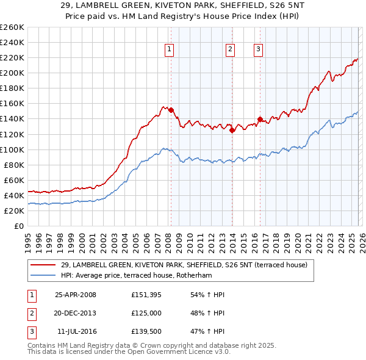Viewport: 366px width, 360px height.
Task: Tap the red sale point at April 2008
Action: [x=171, y=110]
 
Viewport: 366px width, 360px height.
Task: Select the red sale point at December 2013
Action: [x=232, y=130]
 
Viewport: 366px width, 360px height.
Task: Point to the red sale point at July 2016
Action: [x=260, y=119]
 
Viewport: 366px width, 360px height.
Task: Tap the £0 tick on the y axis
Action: [x=20, y=226]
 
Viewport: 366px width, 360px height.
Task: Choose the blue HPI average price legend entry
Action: [x=145, y=275]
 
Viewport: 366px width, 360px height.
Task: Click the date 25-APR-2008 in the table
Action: [x=76, y=295]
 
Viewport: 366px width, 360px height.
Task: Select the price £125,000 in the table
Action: [x=147, y=313]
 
